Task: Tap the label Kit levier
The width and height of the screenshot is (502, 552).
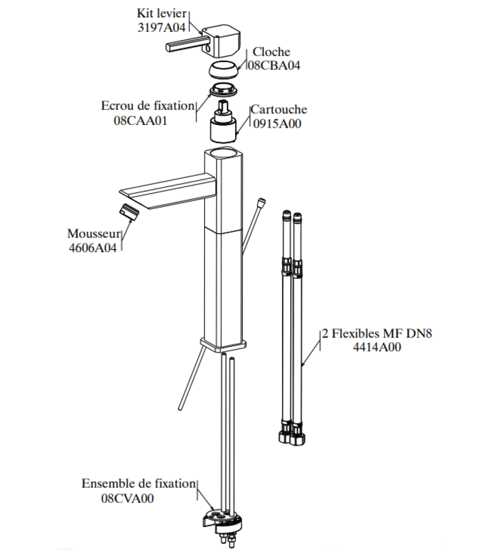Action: (x=163, y=13)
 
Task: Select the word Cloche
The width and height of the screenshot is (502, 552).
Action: (x=271, y=52)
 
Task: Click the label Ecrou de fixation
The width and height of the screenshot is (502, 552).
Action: (x=148, y=106)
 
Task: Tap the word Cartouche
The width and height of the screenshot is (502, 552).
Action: (x=279, y=110)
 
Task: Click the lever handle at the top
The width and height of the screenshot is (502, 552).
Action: (x=213, y=42)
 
